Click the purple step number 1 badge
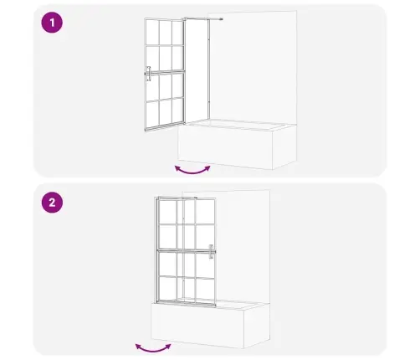coord(52,23)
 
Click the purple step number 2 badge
coord(52,203)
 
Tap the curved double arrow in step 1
coord(192,170)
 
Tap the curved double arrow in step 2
coord(153,348)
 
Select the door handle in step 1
coord(149,74)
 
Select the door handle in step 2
coord(212,252)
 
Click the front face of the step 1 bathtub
coord(225,147)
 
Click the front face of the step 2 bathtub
coord(197,326)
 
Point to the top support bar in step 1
coord(202,18)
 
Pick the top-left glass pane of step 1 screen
coord(152,32)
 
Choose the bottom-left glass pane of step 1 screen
coord(152,114)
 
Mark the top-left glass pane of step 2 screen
coord(167,212)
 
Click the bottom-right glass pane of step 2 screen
coord(205,290)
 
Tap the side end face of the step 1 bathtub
coord(284,147)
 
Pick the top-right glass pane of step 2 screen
coord(205,212)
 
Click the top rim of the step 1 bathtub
coord(237,125)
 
